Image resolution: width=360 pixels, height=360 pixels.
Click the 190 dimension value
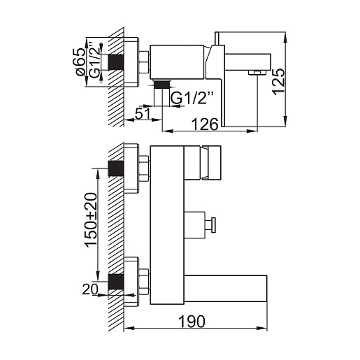(x=192, y=322)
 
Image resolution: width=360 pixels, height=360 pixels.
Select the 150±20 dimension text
(x=91, y=220)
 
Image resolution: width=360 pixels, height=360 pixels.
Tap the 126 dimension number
(x=205, y=124)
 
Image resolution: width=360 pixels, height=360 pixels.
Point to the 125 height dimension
(x=278, y=82)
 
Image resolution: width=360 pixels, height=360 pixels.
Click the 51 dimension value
(x=143, y=114)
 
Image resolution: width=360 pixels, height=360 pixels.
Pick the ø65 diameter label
(x=80, y=62)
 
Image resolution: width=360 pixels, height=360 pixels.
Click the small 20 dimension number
(x=90, y=289)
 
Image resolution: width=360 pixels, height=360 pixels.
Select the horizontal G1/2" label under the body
(x=192, y=98)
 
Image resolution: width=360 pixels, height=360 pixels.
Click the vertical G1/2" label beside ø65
(x=94, y=61)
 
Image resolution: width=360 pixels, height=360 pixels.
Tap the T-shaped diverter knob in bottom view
(x=211, y=225)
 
